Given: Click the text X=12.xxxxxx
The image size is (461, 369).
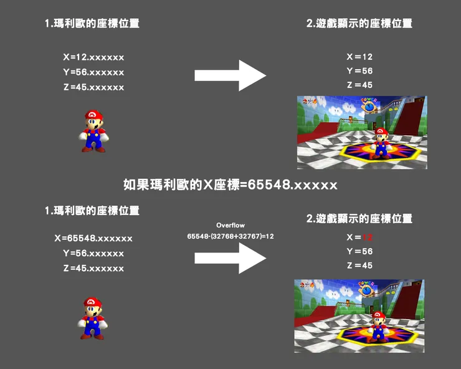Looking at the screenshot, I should [x=93, y=57].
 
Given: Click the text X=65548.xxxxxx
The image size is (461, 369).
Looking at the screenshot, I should [x=93, y=238].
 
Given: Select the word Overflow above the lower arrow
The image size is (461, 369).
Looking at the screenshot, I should [x=230, y=225].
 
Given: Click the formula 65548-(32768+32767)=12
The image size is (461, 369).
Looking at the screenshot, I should [x=230, y=237].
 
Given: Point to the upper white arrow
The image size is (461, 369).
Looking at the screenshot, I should [x=230, y=75].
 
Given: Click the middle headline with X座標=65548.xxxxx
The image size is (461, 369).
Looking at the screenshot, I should [x=230, y=185].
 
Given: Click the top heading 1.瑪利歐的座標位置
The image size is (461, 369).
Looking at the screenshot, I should [x=92, y=24].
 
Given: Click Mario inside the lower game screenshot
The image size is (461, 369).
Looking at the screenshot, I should [x=378, y=325].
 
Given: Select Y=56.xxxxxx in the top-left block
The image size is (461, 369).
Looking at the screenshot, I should [x=93, y=72].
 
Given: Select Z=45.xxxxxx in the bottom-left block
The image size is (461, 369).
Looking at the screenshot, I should [x=93, y=269].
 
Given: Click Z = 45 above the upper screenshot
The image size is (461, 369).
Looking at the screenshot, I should [x=359, y=85].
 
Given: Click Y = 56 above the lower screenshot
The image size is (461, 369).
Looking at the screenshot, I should [x=359, y=252].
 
